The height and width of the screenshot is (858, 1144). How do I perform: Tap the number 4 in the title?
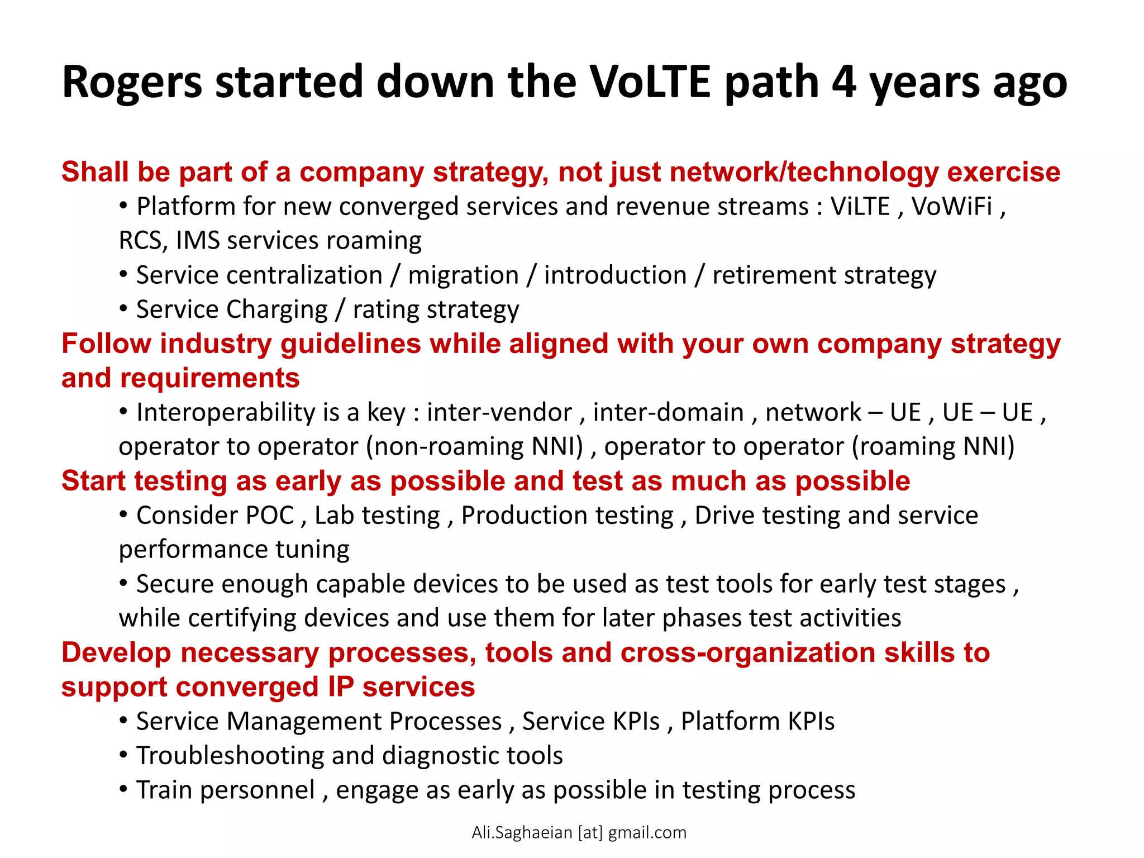[x=843, y=83]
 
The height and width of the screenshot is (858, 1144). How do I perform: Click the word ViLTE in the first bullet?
[x=860, y=207]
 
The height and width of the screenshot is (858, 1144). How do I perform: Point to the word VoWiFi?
[x=952, y=207]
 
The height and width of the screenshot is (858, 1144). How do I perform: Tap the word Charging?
[x=277, y=310]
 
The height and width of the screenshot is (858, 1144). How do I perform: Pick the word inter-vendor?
[x=499, y=413]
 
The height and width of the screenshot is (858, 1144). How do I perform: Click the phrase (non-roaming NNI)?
[x=474, y=447]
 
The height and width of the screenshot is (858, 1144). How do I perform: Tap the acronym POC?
[x=270, y=516]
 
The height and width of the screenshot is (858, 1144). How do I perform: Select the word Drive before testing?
[x=724, y=516]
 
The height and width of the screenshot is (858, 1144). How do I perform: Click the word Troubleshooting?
[x=230, y=756]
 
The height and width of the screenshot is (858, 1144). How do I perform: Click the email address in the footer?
[x=579, y=833]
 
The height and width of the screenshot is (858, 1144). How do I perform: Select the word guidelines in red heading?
[x=350, y=344]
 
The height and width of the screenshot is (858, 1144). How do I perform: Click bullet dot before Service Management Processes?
[x=123, y=721]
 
